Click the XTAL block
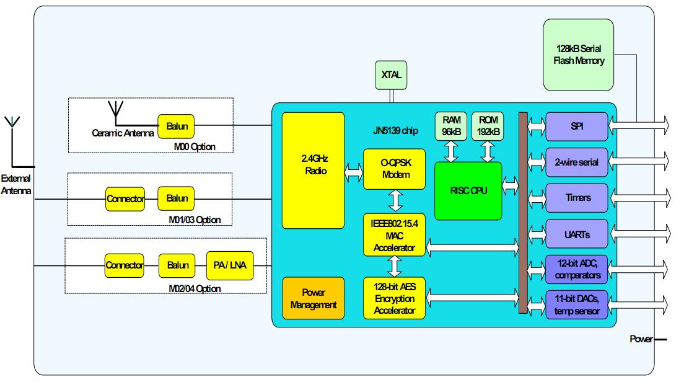tap(391, 75)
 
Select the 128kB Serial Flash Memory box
tap(578, 55)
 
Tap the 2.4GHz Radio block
tap(313, 171)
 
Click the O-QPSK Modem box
tap(395, 169)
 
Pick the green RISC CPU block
tap(468, 190)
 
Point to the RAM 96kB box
tap(450, 126)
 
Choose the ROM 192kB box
tap(488, 126)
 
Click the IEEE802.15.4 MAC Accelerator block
tap(395, 234)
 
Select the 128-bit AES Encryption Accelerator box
tap(395, 298)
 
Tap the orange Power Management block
tap(313, 298)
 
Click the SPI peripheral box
tap(577, 126)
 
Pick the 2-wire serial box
tap(577, 162)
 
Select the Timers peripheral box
tap(577, 198)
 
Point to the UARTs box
tap(577, 234)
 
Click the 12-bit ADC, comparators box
tap(577, 269)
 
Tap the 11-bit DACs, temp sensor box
tap(577, 305)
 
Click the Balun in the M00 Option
tap(177, 127)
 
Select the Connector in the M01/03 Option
tap(125, 198)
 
